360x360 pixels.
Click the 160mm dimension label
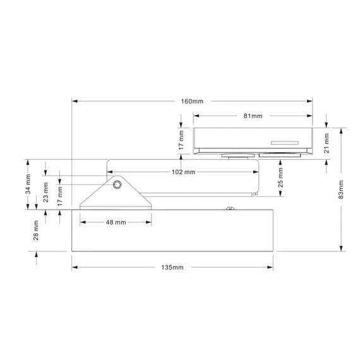coord(193,101)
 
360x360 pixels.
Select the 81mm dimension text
coord(252,116)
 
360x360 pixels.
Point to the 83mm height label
coord(342,188)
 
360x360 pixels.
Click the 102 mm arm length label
coord(183,172)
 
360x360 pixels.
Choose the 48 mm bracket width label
coord(116,222)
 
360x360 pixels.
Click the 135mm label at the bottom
coord(172,268)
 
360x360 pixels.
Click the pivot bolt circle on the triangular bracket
coord(117,185)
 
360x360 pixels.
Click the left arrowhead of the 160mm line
coord(74,101)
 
